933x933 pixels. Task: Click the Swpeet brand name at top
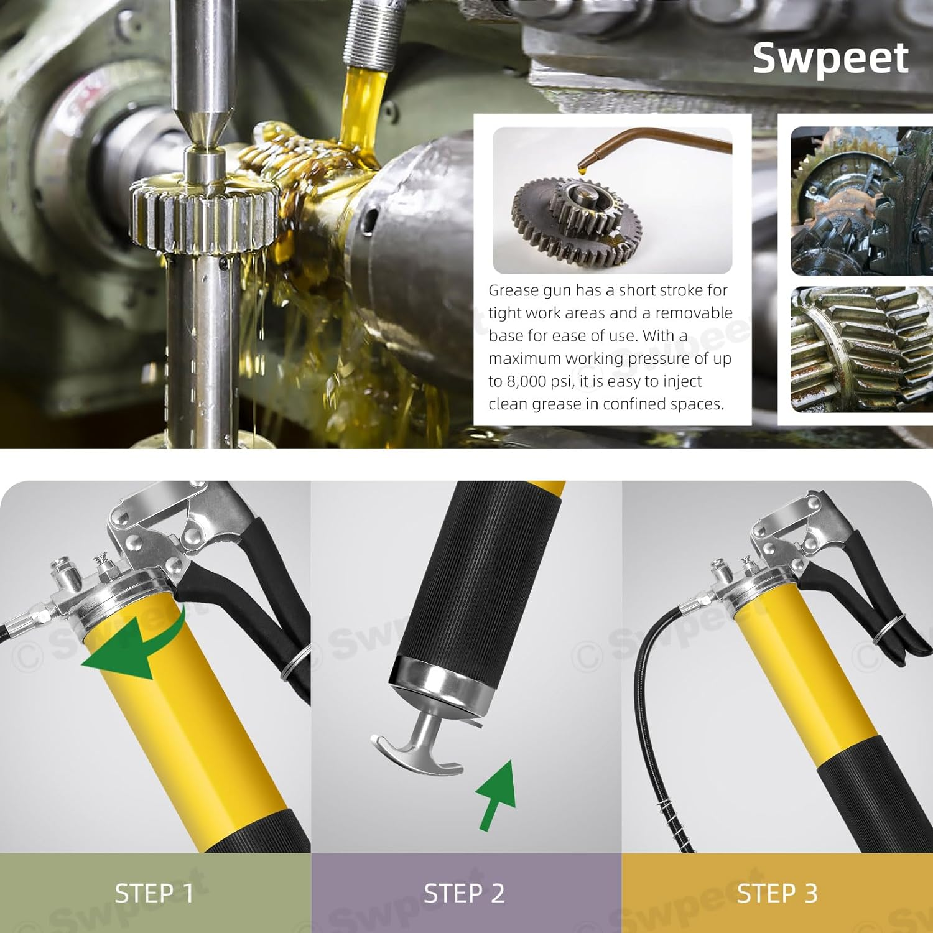[830, 58]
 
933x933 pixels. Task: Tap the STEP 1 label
[154, 893]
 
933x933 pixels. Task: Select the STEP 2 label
[464, 893]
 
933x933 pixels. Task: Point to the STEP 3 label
[777, 893]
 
